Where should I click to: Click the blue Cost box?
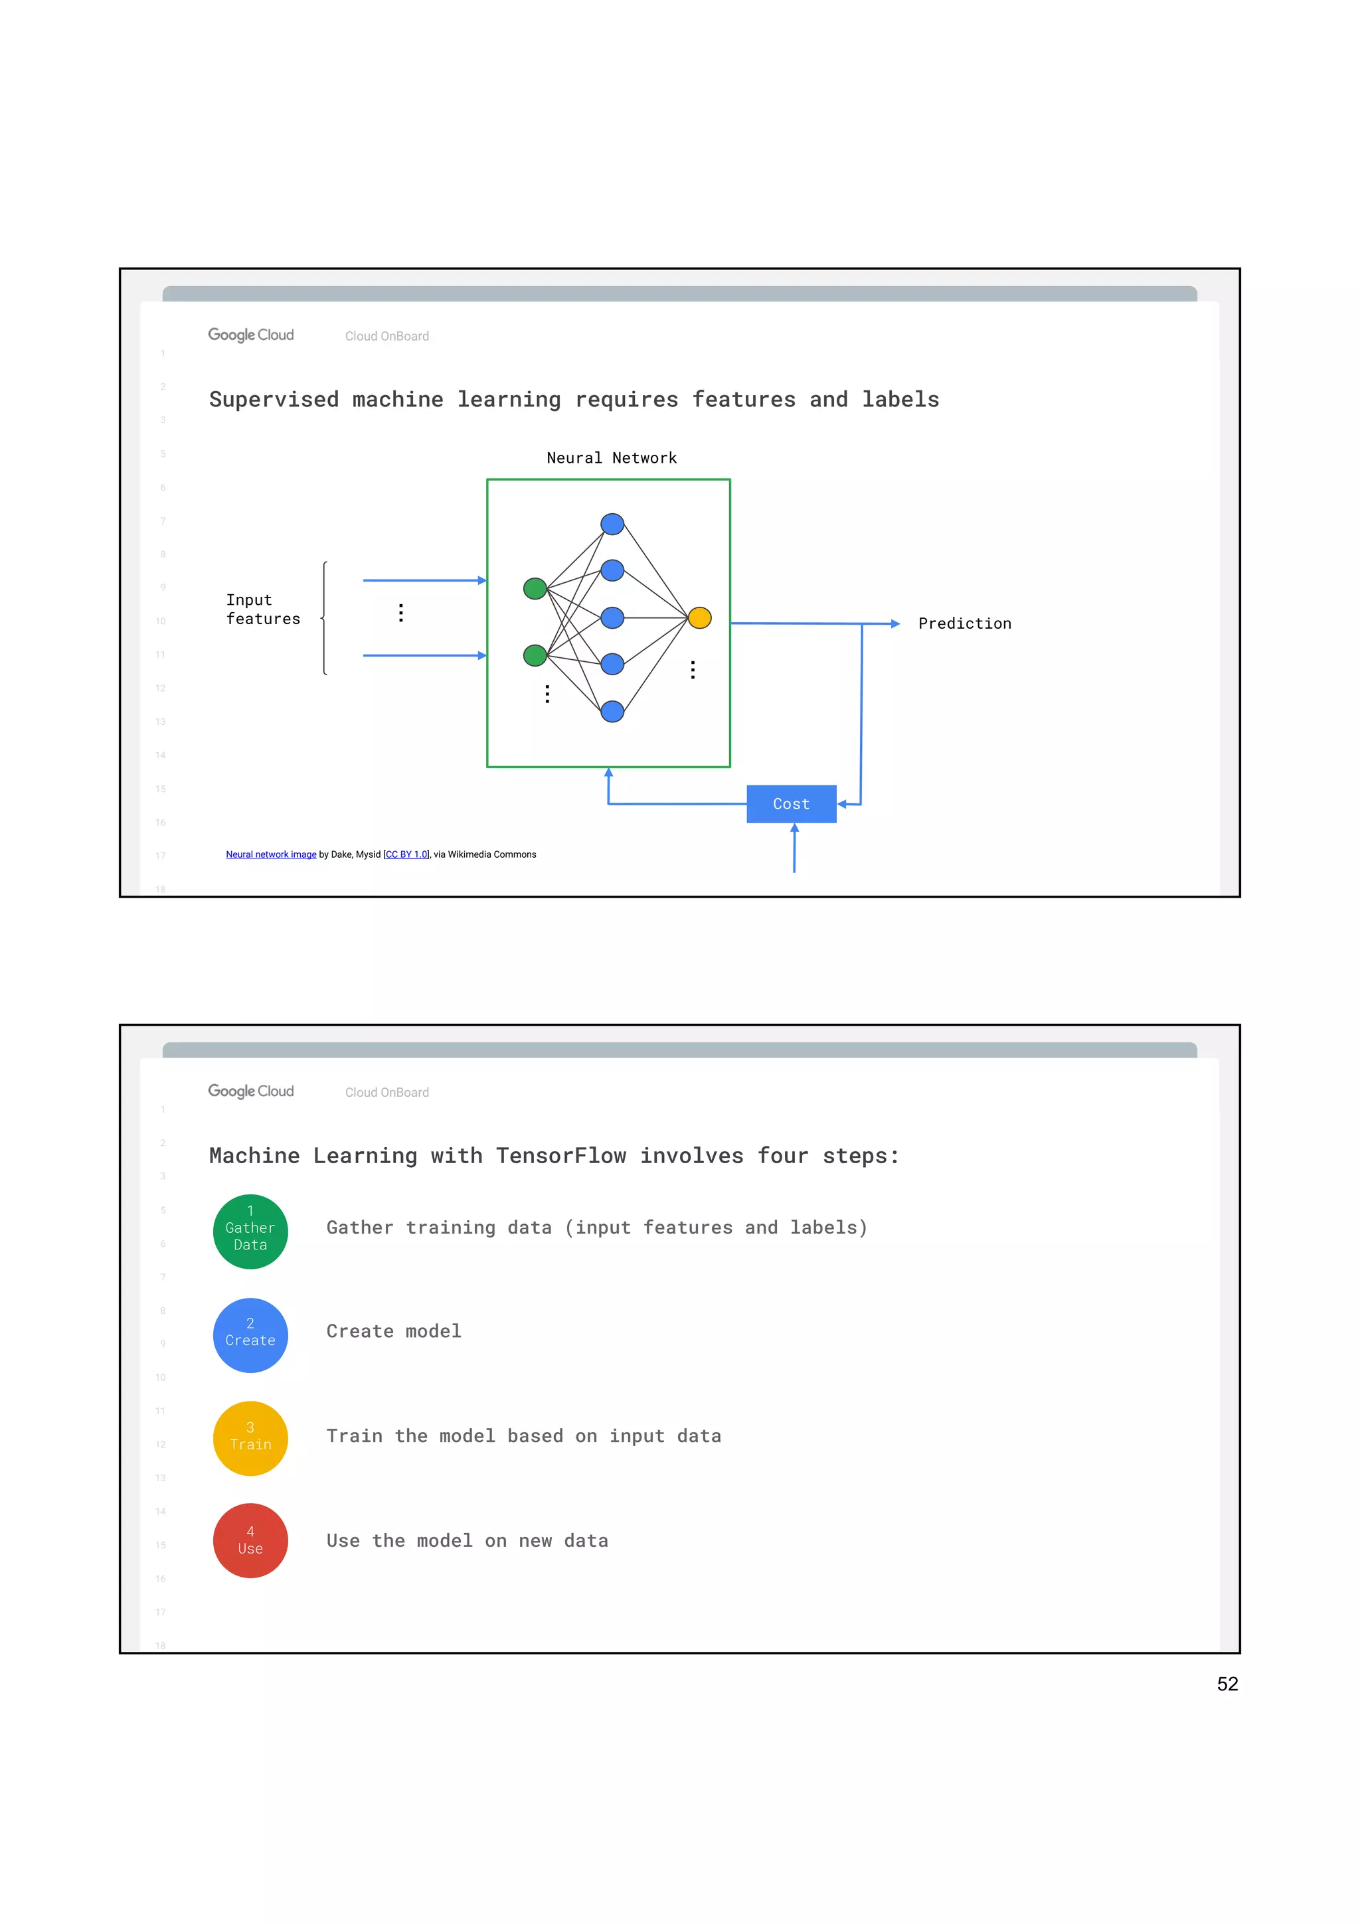pos(790,803)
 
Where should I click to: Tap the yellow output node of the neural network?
pos(700,617)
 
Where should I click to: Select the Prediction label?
pos(964,623)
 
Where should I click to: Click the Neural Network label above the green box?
pos(611,457)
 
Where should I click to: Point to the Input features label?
pos(262,609)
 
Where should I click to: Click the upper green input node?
pos(535,588)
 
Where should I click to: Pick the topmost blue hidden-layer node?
pos(612,524)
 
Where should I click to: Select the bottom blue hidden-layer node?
pos(612,712)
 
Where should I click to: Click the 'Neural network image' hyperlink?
pos(271,854)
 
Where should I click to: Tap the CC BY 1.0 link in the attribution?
pos(406,854)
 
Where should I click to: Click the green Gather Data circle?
pos(250,1231)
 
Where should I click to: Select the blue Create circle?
pos(250,1335)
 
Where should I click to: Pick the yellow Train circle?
pos(250,1438)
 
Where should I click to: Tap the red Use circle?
pos(250,1541)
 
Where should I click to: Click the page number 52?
pos(1227,1684)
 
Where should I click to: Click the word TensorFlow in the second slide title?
pos(560,1156)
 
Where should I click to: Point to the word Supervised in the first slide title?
pos(274,400)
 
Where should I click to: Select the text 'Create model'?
pos(394,1332)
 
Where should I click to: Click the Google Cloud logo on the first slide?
pos(250,335)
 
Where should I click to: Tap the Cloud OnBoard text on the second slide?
pos(387,1093)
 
